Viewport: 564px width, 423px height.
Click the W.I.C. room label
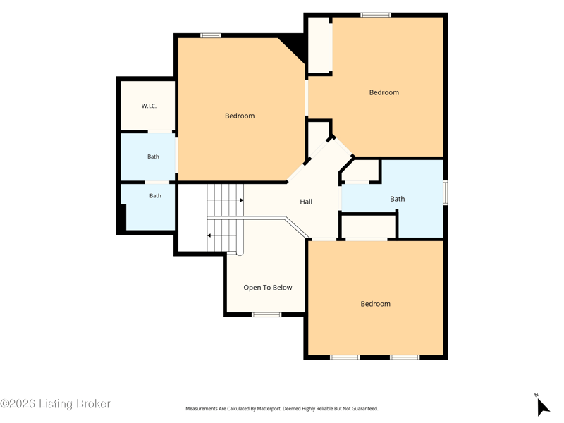149,106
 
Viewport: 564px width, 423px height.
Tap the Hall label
306,202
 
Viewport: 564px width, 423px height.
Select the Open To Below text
268,288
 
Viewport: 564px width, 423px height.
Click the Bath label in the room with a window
398,199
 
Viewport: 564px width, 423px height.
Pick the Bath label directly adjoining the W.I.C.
153,157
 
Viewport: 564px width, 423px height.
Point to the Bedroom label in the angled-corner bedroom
240,116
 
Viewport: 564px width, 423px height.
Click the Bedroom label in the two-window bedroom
376,304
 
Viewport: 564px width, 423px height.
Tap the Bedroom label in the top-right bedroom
384,92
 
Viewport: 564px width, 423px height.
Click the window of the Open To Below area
266,314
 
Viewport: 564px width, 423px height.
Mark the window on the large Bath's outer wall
446,192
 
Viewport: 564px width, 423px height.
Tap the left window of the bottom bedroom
345,357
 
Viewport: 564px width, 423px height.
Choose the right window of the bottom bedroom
405,357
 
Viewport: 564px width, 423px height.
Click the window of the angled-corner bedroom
210,35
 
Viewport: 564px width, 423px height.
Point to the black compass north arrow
543,407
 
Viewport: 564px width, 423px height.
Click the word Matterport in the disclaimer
267,409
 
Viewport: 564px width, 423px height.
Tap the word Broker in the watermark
93,403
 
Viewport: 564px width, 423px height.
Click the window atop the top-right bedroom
376,15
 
